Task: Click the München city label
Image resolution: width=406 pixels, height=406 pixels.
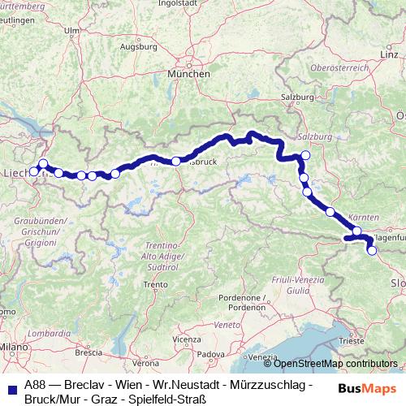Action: click(188, 74)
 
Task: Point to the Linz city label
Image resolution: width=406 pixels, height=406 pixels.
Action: click(388, 54)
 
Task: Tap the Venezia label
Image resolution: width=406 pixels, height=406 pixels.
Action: click(261, 357)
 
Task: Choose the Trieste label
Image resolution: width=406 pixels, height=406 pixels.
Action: click(352, 343)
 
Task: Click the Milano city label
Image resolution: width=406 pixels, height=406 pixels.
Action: click(15, 347)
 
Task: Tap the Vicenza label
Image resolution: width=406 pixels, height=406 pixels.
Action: click(186, 338)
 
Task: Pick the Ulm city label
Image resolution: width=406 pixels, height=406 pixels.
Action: click(71, 30)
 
